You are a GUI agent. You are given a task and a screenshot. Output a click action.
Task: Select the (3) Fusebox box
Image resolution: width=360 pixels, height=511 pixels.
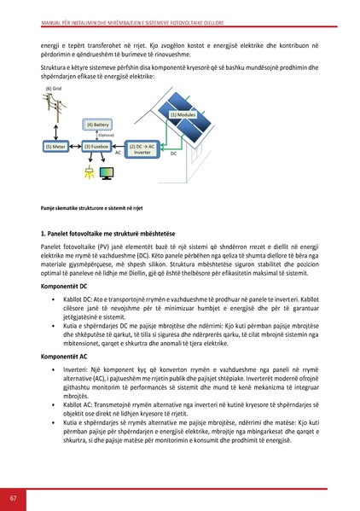coord(98,147)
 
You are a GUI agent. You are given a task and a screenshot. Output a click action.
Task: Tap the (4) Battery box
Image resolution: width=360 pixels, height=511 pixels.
coord(99,125)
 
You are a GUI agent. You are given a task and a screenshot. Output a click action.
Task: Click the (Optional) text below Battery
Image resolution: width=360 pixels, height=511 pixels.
coord(106,135)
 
